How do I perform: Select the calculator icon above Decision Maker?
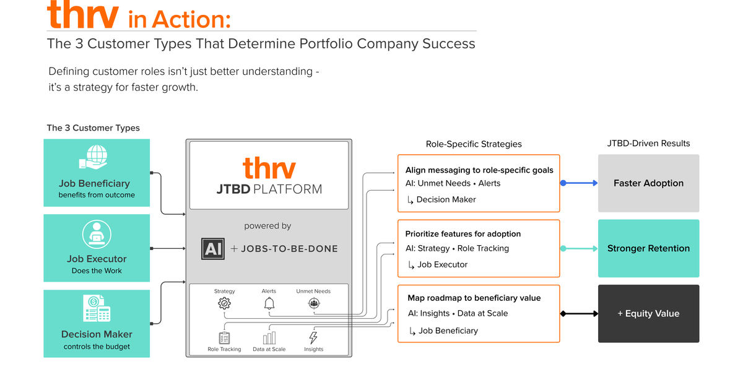96,308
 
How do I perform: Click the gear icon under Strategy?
224,303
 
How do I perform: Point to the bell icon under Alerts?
269,303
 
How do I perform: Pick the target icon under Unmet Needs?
313,303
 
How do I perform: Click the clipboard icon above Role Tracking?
224,337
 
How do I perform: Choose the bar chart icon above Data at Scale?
269,337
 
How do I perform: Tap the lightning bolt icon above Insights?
313,337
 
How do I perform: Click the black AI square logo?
213,248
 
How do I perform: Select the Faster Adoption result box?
648,183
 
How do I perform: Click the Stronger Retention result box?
648,248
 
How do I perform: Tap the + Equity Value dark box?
648,314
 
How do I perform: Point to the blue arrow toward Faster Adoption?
580,183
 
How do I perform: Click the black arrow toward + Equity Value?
580,314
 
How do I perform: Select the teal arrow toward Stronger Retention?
580,248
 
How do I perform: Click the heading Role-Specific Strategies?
474,144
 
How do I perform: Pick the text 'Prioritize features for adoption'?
463,234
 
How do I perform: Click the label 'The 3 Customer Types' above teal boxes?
93,128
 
